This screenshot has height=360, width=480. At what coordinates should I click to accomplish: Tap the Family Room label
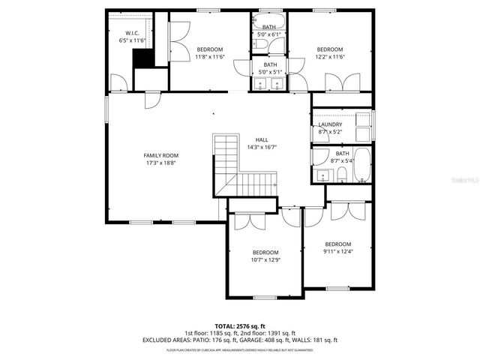pyautogui.click(x=161, y=155)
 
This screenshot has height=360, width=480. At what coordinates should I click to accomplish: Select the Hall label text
pyautogui.click(x=262, y=139)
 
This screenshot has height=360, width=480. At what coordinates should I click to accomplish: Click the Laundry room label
pyautogui.click(x=330, y=124)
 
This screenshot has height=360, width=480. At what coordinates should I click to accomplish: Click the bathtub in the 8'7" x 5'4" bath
pyautogui.click(x=362, y=166)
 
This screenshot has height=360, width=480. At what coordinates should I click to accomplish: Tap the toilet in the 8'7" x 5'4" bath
pyautogui.click(x=341, y=175)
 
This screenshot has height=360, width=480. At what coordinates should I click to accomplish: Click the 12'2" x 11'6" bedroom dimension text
pyautogui.click(x=330, y=56)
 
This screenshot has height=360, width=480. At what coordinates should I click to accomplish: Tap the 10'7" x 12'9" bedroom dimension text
pyautogui.click(x=265, y=260)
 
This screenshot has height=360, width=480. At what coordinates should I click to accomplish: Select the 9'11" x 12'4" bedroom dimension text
pyautogui.click(x=338, y=252)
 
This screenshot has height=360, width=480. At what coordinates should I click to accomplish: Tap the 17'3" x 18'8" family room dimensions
pyautogui.click(x=161, y=163)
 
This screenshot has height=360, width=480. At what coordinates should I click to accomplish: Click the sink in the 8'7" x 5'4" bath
pyautogui.click(x=322, y=175)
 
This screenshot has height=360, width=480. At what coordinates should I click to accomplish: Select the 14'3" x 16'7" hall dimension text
pyautogui.click(x=262, y=148)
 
